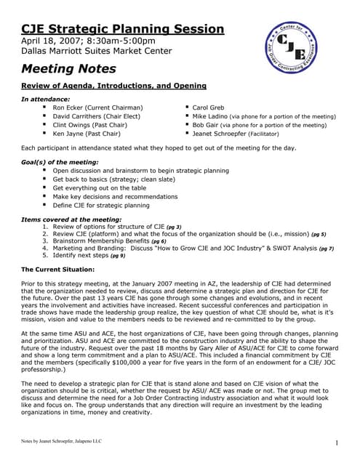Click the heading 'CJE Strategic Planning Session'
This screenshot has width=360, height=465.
point(122,29)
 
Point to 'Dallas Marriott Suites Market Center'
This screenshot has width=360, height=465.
point(96,51)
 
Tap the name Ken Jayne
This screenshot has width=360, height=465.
point(70,134)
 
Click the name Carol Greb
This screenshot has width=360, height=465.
point(209,108)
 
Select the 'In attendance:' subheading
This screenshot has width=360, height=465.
point(46,98)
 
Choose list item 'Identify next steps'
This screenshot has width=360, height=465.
point(80,256)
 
